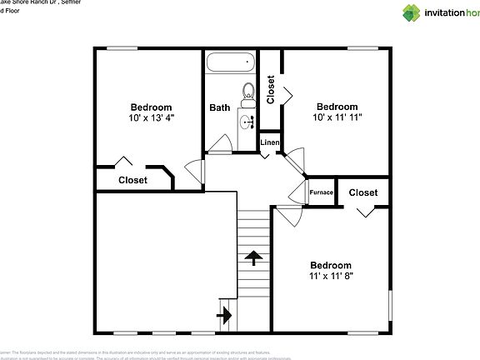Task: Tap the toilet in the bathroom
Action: click(x=247, y=91)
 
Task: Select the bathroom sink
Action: click(x=247, y=122)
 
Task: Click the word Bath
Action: click(x=220, y=107)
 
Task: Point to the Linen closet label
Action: click(x=270, y=142)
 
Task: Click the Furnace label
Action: click(x=322, y=192)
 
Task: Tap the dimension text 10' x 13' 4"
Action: click(x=151, y=117)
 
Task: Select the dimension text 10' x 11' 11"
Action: click(x=337, y=117)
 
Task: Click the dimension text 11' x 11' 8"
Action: click(x=331, y=276)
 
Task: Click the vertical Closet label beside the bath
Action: click(x=270, y=90)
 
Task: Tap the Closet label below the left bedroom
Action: click(x=132, y=180)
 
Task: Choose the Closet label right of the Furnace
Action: click(x=362, y=192)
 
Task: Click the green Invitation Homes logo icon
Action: click(x=412, y=12)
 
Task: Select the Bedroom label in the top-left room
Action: click(x=151, y=107)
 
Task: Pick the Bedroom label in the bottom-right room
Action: click(x=331, y=265)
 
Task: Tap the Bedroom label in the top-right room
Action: click(x=337, y=107)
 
